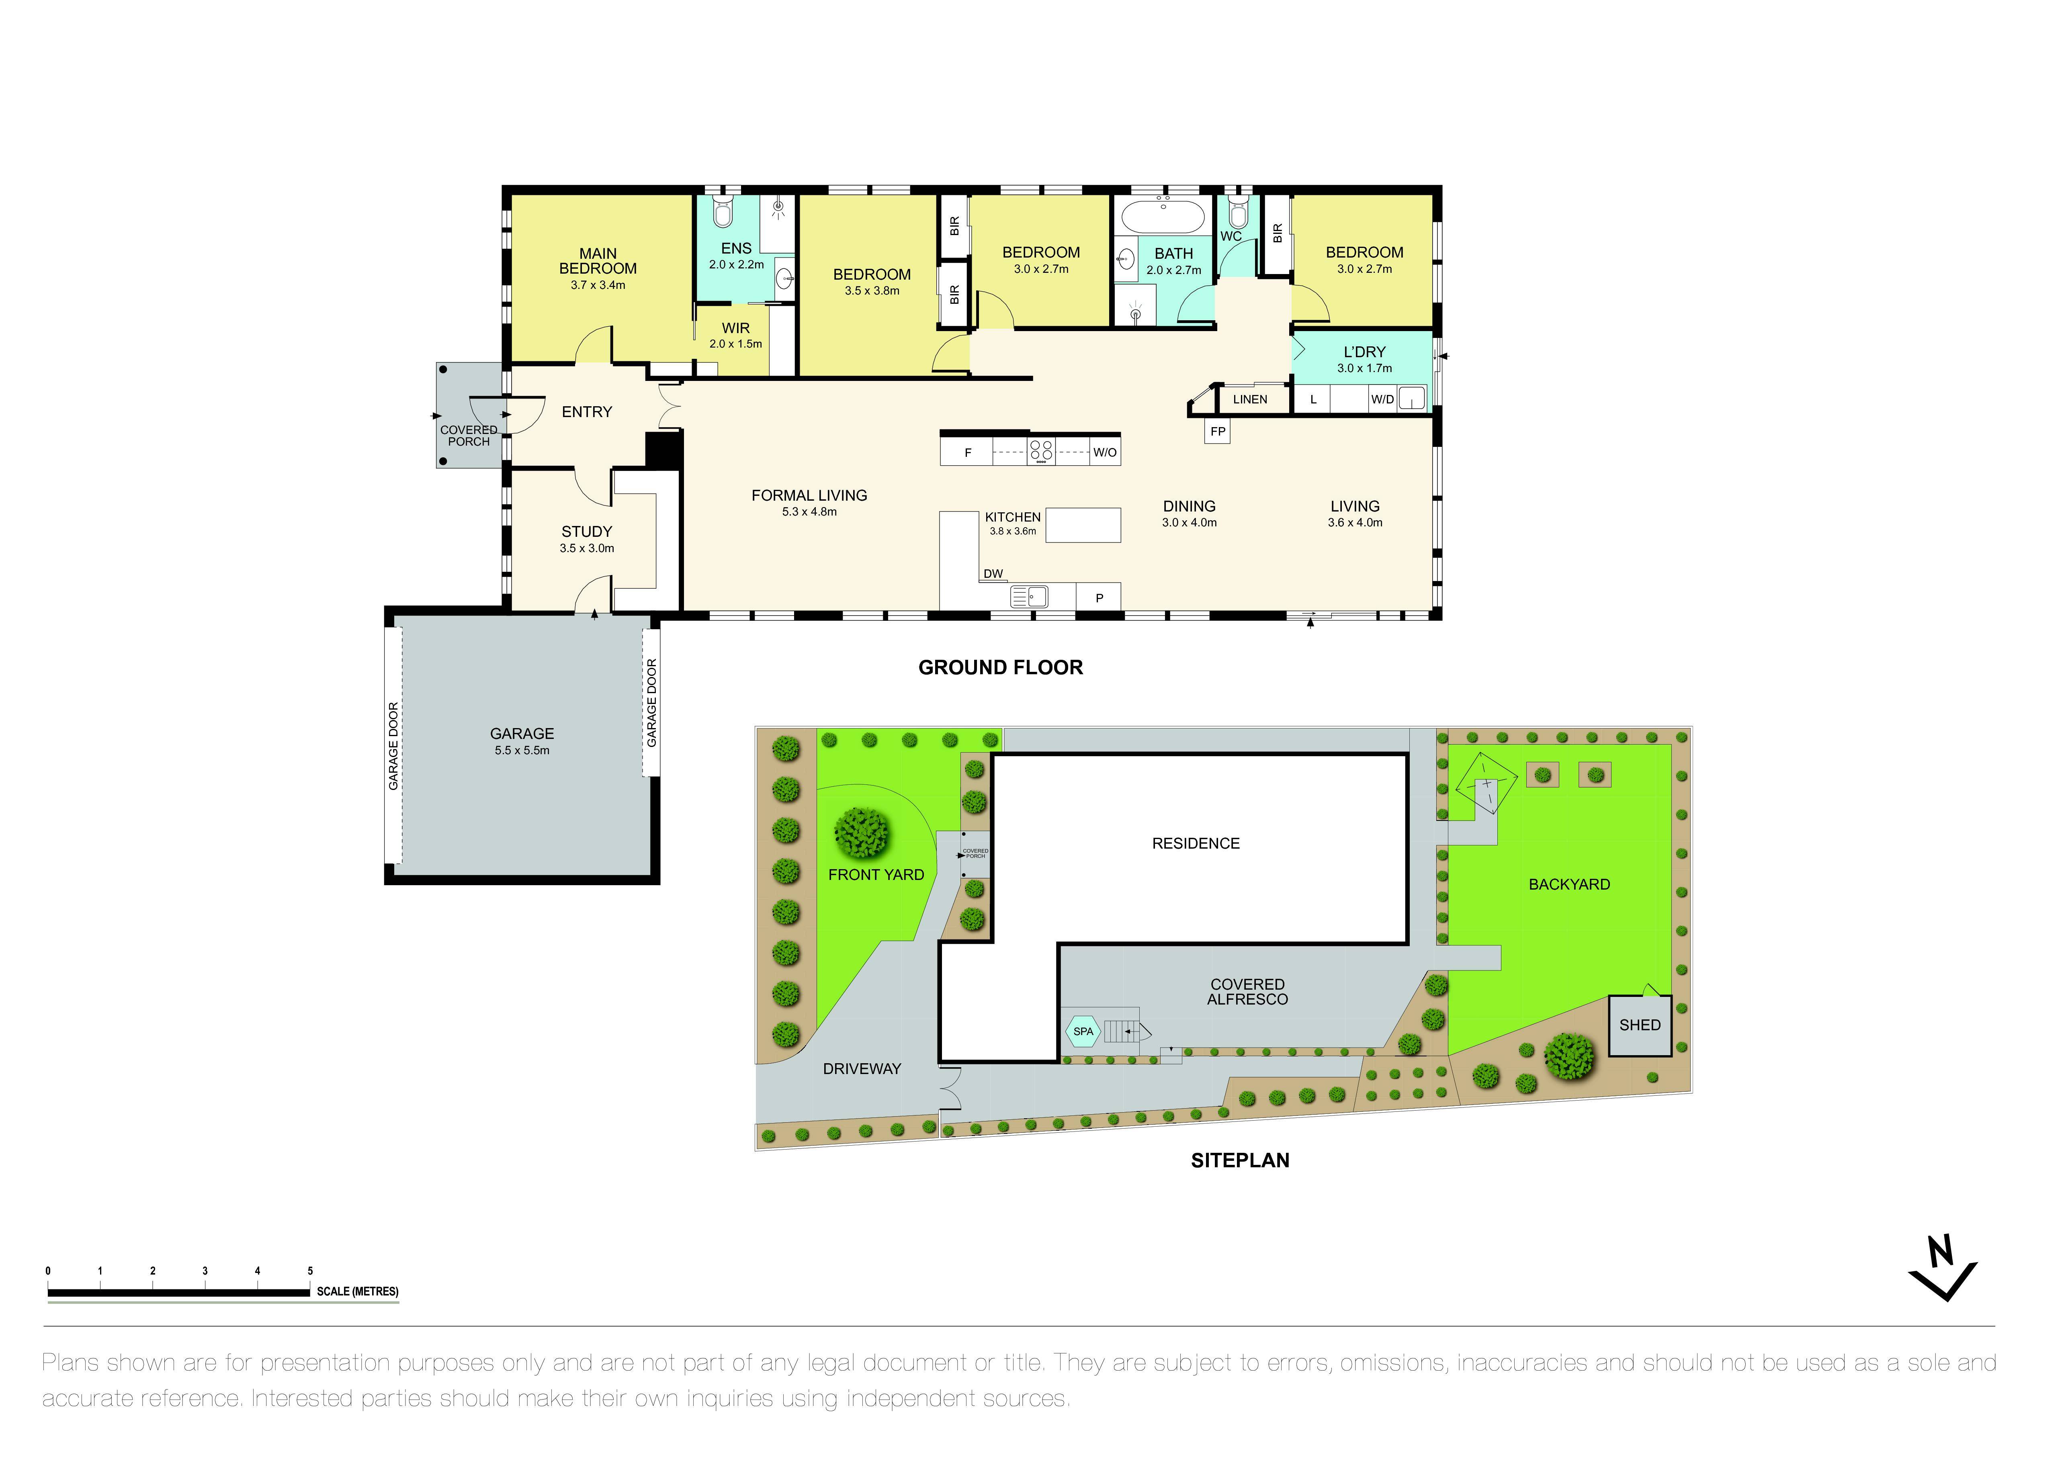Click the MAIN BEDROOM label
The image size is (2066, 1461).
(598, 261)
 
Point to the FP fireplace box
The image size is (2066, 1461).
(1218, 432)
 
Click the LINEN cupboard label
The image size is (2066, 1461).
(1250, 399)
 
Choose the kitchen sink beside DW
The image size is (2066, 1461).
(1028, 595)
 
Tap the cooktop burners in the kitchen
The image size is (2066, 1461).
(1041, 451)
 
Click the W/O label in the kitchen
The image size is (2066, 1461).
(1105, 452)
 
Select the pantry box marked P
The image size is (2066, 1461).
(1099, 597)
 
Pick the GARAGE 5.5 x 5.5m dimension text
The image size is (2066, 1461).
(522, 750)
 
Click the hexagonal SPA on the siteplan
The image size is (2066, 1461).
(1083, 1032)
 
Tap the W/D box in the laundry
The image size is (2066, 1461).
(1382, 399)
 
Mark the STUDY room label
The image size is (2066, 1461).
(587, 532)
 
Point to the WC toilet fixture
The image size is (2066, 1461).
(1238, 214)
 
